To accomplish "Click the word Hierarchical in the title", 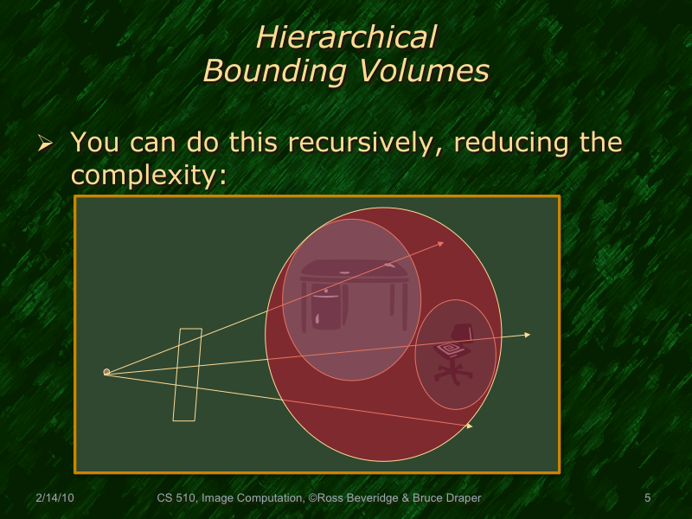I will tap(346, 37).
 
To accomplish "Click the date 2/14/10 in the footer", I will tap(54, 498).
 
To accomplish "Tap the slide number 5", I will tap(647, 498).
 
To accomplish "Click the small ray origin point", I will tap(106, 372).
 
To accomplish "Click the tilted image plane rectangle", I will tap(187, 375).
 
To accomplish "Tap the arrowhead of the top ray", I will tap(441, 244).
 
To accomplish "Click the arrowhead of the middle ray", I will tap(527, 335).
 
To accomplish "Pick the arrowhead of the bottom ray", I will tap(470, 426).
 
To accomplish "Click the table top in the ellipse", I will tap(354, 269).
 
